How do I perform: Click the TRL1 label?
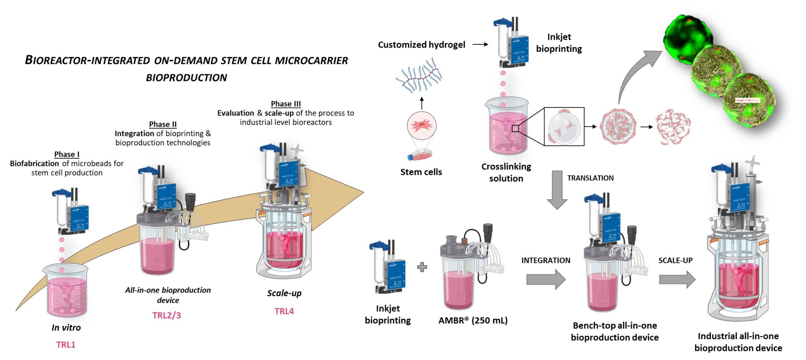pos(66,345)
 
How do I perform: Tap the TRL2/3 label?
pos(166,315)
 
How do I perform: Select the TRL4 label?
pos(284,311)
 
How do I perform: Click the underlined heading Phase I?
pos(67,154)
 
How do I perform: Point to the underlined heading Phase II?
pos(163,124)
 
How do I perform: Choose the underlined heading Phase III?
pos(286,104)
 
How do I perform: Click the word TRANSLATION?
pos(590,178)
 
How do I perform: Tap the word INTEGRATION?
pos(545,260)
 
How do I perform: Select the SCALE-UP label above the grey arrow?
pos(675,260)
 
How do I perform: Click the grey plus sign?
pos(422,268)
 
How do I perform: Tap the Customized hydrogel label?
pos(421,45)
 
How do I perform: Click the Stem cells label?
pos(421,172)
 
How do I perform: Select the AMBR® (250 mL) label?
pos(473,321)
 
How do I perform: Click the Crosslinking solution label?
pos(506,172)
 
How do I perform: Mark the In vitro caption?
pos(66,328)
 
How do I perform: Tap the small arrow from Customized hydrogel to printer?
pos(480,44)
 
